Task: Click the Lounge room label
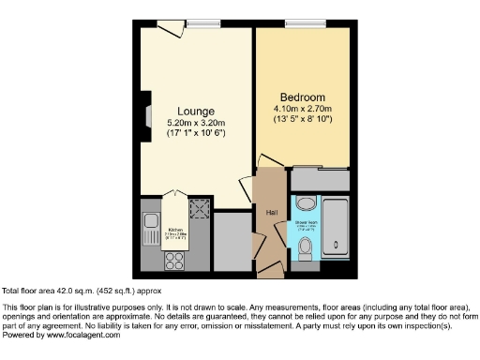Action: click(196, 111)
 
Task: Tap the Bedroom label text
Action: click(302, 97)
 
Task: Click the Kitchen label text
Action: click(174, 228)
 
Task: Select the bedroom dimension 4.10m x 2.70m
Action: click(303, 109)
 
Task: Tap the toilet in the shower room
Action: click(306, 247)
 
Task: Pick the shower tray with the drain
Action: click(336, 228)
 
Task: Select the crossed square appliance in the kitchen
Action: click(198, 207)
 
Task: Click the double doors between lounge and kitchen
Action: click(174, 196)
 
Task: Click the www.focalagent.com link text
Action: click(82, 336)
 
